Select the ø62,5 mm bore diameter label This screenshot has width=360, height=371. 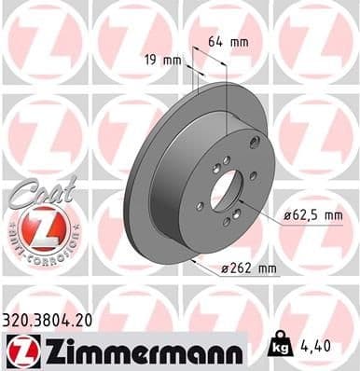click(x=308, y=215)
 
